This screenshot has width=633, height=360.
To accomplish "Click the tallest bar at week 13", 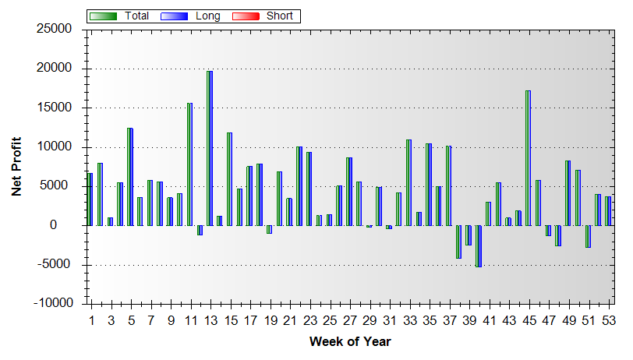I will click(210, 148).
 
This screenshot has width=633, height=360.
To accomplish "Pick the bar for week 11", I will click(189, 164).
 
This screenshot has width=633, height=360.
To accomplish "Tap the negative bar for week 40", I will click(478, 246).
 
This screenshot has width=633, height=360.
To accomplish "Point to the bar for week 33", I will click(408, 182).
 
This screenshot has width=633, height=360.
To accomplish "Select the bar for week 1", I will click(90, 199).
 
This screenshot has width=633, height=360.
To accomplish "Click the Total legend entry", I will click(137, 16).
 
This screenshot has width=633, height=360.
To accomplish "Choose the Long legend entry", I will click(207, 16).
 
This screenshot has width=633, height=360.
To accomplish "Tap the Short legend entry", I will click(280, 16).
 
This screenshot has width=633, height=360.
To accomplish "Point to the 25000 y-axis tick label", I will click(55, 30).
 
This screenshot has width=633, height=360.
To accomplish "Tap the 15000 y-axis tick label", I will click(55, 108).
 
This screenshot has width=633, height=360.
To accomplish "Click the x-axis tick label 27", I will click(349, 319).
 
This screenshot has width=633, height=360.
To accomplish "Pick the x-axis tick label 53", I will click(607, 319).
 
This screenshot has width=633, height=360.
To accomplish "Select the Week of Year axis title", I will click(350, 341).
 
